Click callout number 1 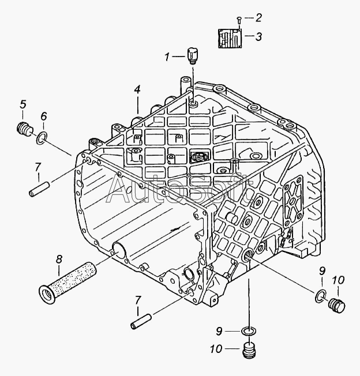tap(167, 57)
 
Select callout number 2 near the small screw tap(258, 18)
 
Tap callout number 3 tap(258, 37)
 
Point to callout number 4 tap(137, 90)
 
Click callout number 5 tap(23, 104)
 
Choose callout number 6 tap(43, 116)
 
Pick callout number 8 tap(59, 259)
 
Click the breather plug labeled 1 tap(192, 56)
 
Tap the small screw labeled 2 tap(239, 20)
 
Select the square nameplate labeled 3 tap(230, 38)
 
